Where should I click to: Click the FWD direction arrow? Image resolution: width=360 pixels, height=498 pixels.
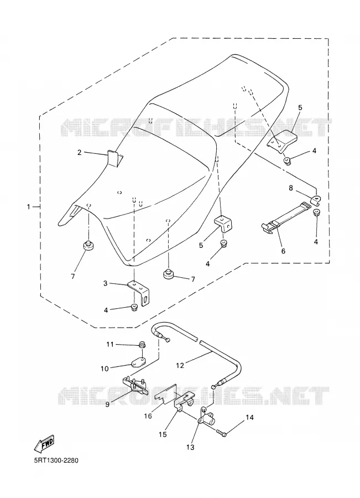(x=44, y=444)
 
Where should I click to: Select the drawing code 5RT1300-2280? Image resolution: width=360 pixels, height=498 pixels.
(x=55, y=460)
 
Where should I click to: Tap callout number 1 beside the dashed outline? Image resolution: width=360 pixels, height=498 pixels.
(x=28, y=207)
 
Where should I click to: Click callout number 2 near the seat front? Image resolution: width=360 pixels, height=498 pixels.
(x=79, y=153)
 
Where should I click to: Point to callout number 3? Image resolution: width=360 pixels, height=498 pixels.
(x=106, y=283)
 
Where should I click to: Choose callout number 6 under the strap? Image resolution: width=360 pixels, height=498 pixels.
(x=283, y=251)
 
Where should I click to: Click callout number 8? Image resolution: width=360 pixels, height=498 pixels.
(x=291, y=188)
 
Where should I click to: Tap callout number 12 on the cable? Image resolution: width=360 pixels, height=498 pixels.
(x=180, y=366)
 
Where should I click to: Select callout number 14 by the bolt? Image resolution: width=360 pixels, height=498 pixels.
(x=250, y=417)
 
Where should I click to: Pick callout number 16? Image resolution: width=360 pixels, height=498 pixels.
(x=148, y=416)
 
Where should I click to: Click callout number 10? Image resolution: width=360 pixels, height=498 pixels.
(x=105, y=369)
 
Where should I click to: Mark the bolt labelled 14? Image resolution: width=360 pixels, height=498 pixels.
(x=222, y=433)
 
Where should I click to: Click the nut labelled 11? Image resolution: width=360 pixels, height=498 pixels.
(x=142, y=344)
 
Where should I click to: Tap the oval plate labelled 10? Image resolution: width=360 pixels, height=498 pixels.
(x=138, y=361)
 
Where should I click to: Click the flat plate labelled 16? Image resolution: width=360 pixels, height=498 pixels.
(x=166, y=393)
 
